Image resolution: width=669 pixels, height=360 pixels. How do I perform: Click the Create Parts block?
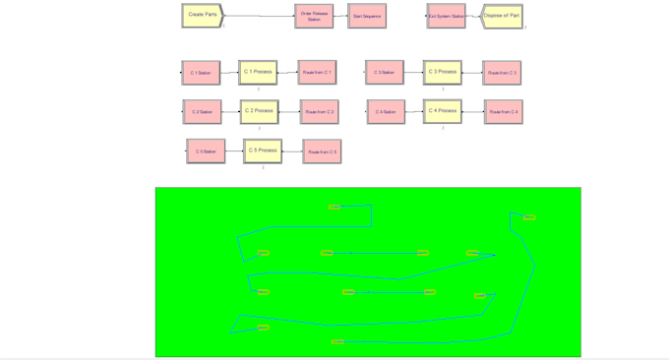click(x=203, y=16)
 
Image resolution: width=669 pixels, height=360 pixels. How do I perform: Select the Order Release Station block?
click(x=314, y=16)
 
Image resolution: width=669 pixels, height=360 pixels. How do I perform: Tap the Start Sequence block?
click(x=367, y=16)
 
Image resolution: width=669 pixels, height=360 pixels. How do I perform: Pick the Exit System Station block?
click(x=446, y=16)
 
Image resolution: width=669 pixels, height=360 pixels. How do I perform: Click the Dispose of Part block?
click(x=502, y=16)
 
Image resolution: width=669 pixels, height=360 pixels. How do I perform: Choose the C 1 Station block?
click(x=201, y=73)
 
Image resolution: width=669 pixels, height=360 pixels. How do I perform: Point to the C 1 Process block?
click(x=258, y=72)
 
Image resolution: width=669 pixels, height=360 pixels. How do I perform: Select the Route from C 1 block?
click(x=318, y=73)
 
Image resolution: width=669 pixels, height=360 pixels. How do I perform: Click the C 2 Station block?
click(x=202, y=112)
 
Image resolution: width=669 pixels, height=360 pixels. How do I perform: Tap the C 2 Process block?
click(x=260, y=111)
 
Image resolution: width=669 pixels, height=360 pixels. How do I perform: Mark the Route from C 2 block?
click(x=320, y=112)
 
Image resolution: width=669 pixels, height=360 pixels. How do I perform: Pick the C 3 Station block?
click(x=385, y=72)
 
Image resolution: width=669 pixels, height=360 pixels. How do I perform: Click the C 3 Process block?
click(x=443, y=72)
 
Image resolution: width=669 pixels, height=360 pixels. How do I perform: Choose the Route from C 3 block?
click(x=502, y=73)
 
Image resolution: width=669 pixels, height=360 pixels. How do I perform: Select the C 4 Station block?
click(x=386, y=112)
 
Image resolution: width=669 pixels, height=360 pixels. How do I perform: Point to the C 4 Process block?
click(x=443, y=111)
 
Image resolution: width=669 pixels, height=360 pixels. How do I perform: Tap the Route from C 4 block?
click(x=503, y=112)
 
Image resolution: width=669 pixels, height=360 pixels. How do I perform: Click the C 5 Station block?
click(x=206, y=150)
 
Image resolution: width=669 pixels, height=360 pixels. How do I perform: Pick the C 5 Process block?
click(x=263, y=150)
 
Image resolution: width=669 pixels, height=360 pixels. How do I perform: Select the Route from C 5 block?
click(x=322, y=151)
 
